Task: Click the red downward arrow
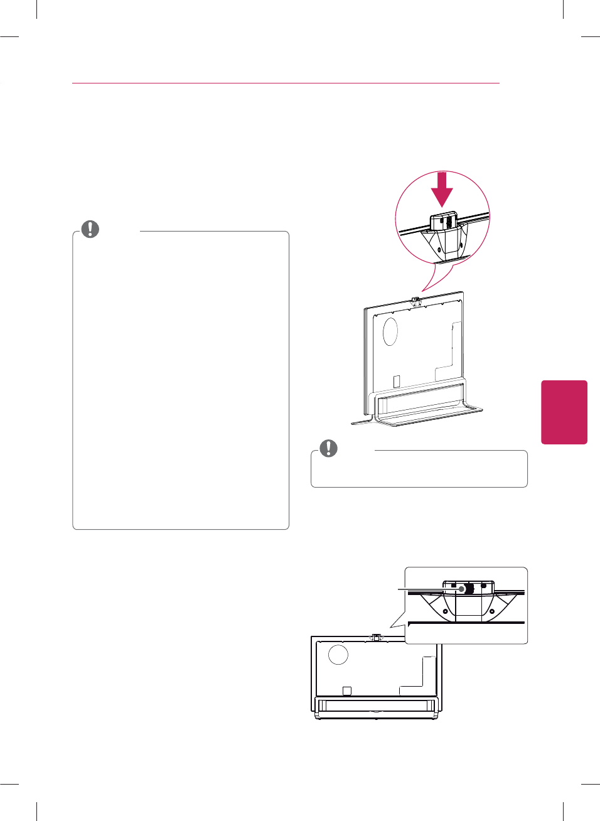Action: [442, 190]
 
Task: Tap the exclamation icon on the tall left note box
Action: [90, 229]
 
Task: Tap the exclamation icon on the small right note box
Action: [328, 448]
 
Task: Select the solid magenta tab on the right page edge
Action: [564, 412]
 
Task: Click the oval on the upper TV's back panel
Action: [390, 331]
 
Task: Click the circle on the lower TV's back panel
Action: [338, 654]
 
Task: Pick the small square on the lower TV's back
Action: [346, 690]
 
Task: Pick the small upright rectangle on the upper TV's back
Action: [396, 381]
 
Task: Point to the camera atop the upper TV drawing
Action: [415, 301]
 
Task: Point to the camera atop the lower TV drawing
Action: [376, 637]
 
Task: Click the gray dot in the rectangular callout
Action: [462, 589]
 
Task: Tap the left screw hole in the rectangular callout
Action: [445, 611]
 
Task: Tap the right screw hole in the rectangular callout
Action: [492, 611]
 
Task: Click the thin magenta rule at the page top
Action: [286, 83]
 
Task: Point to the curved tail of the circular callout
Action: [434, 278]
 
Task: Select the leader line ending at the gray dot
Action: [427, 589]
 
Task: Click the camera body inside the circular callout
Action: [443, 222]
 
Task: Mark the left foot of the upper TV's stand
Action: [362, 422]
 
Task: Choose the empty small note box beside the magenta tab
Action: [419, 470]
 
